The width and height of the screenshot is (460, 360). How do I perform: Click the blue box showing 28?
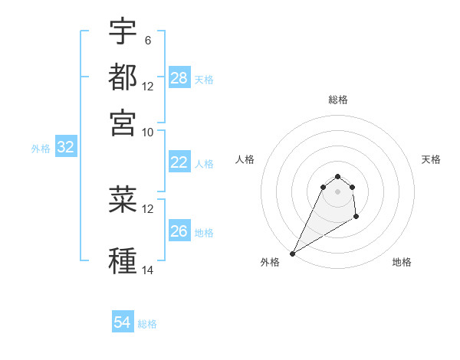point(179,78)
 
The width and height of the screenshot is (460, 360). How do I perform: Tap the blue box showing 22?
point(179,162)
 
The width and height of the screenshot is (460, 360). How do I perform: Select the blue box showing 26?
point(179,231)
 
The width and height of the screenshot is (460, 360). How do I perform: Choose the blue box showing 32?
point(65,148)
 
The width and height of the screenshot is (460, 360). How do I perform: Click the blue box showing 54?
point(123,322)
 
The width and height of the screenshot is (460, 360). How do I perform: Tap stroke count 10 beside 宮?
point(148,131)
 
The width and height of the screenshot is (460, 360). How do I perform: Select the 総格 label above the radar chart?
point(338,100)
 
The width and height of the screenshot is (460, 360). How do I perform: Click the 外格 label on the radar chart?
point(270,262)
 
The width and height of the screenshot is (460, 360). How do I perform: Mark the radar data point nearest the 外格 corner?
point(292,254)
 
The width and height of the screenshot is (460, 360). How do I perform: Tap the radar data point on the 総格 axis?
point(338,176)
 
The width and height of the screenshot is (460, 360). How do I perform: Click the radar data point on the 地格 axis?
point(356,218)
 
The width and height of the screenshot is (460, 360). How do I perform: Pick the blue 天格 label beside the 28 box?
point(204,80)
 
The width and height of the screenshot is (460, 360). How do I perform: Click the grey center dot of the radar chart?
point(338,191)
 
